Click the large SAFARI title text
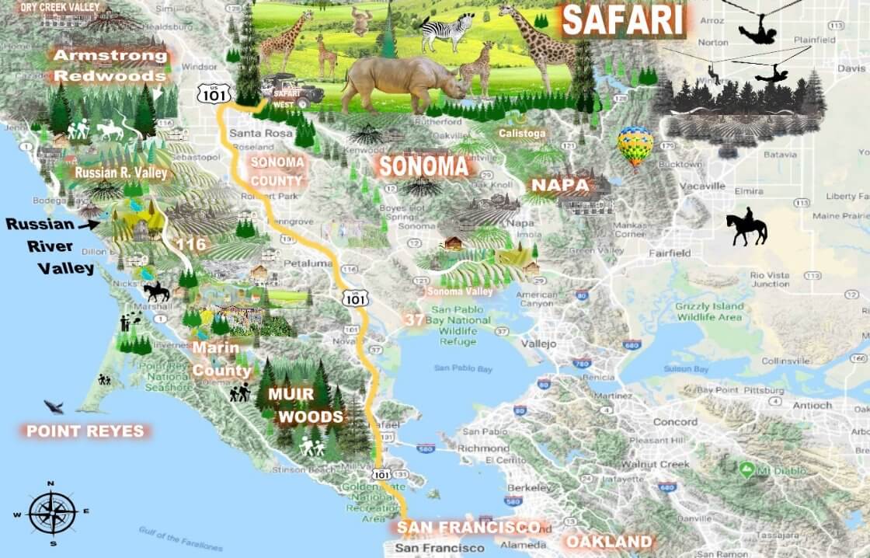coord(624,21)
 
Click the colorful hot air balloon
coord(635,145)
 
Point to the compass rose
coord(51,513)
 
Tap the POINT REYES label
coord(85,431)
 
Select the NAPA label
coord(559,186)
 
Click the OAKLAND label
coord(608,541)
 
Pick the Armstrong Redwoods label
coord(110,66)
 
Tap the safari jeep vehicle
coord(293,92)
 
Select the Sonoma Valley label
coord(460,291)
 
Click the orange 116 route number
coord(190,245)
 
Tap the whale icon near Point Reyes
coord(54,406)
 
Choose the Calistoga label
coord(523,134)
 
